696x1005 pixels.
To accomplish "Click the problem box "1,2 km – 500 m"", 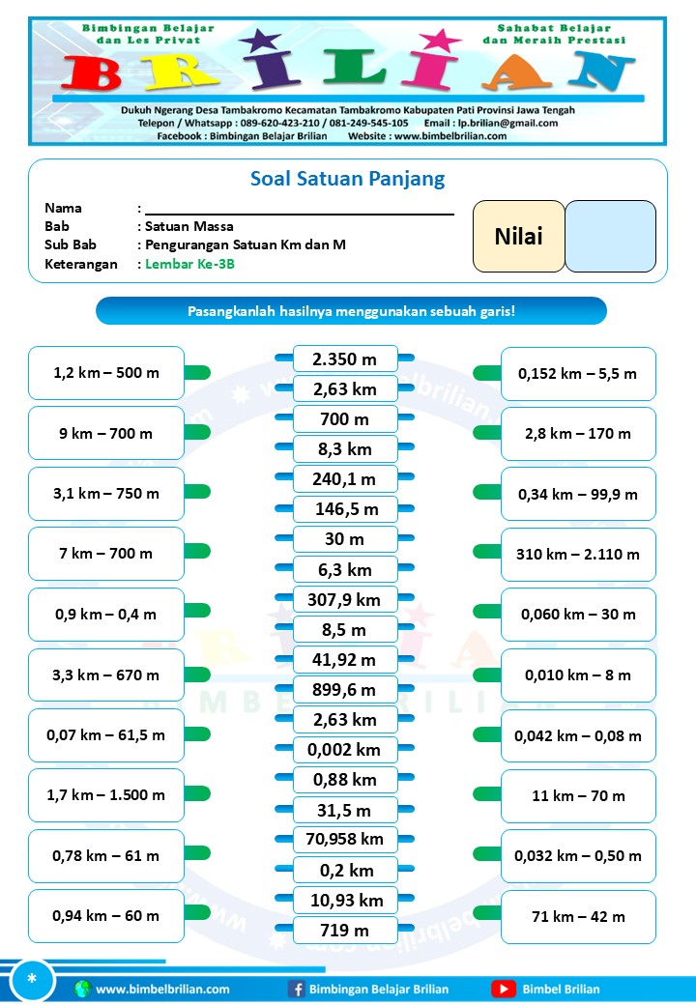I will [x=105, y=373].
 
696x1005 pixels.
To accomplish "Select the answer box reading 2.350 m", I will [x=345, y=359].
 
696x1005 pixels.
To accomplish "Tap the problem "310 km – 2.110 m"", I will [x=578, y=555].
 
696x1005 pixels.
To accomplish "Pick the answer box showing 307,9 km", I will [x=345, y=600].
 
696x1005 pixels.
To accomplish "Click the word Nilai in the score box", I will [x=518, y=237].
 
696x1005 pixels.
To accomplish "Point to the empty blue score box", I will [x=610, y=237].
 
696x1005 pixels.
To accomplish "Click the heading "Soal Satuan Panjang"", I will [x=347, y=179].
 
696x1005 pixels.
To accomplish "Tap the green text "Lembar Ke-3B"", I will [x=190, y=264].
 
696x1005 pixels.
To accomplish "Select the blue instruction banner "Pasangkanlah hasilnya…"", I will [x=351, y=311].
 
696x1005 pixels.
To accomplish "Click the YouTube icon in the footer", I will [x=503, y=989].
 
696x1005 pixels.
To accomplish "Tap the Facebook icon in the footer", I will [x=297, y=989].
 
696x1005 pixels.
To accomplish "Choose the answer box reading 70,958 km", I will [x=345, y=840].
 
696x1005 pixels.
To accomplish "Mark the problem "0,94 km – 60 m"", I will [x=105, y=916].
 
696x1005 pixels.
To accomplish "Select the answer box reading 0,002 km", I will [x=345, y=750].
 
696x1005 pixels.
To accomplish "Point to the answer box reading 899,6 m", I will [x=345, y=690].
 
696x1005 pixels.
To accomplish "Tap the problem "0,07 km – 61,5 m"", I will [x=105, y=735].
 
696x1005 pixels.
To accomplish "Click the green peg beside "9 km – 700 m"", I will [x=197, y=432].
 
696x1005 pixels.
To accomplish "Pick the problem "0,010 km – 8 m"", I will [x=578, y=675].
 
